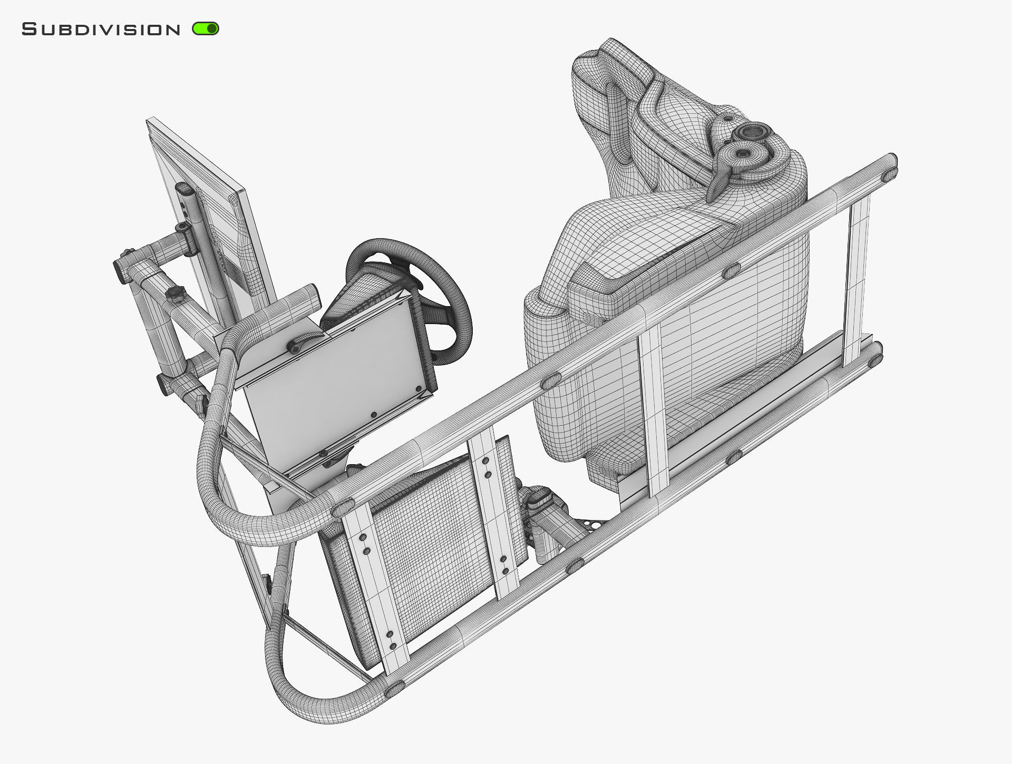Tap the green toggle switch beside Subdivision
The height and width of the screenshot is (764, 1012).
[206, 29]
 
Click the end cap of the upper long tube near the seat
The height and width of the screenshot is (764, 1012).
[890, 166]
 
